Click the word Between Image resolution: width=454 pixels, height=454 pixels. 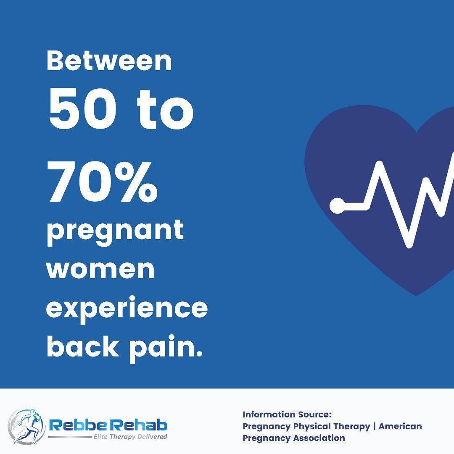coord(109,61)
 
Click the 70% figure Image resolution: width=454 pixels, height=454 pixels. coord(103,182)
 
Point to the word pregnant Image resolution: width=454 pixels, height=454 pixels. coord(115,232)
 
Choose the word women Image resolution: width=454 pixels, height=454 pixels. coord(100,269)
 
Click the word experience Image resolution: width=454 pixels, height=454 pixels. coord(127,309)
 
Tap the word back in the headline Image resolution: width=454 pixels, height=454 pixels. coord(83,346)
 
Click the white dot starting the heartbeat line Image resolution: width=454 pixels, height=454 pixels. coord(337,206)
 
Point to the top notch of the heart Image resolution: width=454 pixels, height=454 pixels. coord(417,132)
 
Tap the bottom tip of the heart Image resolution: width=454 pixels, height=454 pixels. coord(416,296)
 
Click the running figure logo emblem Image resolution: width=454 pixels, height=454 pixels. coord(26,427)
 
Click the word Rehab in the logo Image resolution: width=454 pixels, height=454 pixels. coord(139,425)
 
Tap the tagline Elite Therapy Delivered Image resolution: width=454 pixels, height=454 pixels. coord(130,437)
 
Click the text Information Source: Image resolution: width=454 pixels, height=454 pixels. coord(287,414)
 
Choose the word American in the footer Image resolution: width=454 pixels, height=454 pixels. coord(400,426)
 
